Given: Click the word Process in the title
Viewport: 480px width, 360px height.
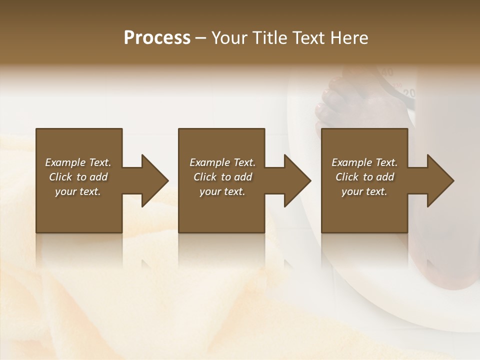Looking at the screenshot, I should click(x=157, y=38).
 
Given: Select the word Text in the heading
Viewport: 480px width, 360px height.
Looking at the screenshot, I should click(x=307, y=38).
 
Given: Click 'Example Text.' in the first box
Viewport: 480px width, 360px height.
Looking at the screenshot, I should click(x=78, y=162).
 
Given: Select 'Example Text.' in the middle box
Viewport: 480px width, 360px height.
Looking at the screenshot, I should click(x=222, y=162).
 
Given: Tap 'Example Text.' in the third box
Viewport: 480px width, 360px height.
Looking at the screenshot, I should click(x=364, y=162).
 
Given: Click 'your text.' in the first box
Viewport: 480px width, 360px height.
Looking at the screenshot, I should click(x=78, y=191).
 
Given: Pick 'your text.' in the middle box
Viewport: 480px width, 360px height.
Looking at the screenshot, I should click(x=222, y=191).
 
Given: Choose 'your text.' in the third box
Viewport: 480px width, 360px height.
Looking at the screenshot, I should click(x=364, y=191).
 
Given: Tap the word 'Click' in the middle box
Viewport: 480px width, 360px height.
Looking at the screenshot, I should click(x=205, y=177).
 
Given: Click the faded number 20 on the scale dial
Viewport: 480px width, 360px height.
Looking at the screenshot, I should click(x=409, y=93).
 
